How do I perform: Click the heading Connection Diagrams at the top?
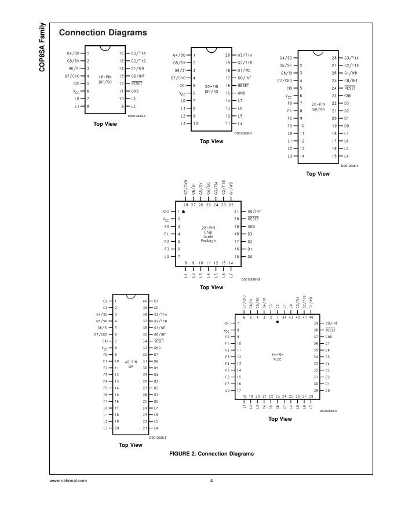pos(103,32)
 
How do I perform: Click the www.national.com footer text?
pos(68,480)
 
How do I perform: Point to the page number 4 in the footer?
pos(211,480)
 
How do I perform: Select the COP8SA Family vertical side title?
pos(42,47)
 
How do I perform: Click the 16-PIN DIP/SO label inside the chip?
pos(105,79)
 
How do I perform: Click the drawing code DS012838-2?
pos(137,116)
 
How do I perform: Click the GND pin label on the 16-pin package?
pos(134,91)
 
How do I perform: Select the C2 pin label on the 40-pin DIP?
pos(105,301)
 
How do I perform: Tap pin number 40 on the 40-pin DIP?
pos(145,301)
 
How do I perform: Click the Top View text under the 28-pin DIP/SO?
pos(318,174)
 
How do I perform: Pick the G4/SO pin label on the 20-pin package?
pos(179,55)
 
